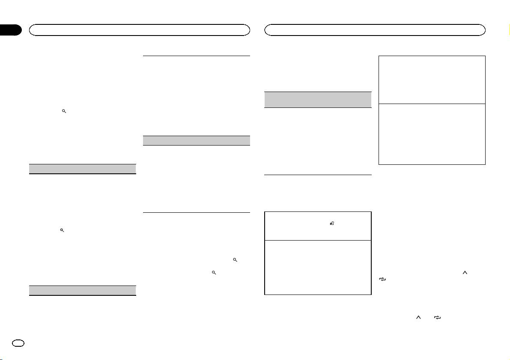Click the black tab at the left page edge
(x=11, y=30)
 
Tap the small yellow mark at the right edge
(x=508, y=30)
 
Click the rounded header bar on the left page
(x=139, y=30)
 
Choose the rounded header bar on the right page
(x=375, y=30)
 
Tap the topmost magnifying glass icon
(x=64, y=111)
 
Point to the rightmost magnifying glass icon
(x=235, y=260)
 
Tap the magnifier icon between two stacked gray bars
(x=62, y=230)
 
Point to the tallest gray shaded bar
(x=318, y=99)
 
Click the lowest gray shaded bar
(x=82, y=290)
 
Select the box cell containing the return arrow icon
(x=318, y=226)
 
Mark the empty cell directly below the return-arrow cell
(x=318, y=267)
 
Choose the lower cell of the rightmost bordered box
(x=432, y=134)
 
